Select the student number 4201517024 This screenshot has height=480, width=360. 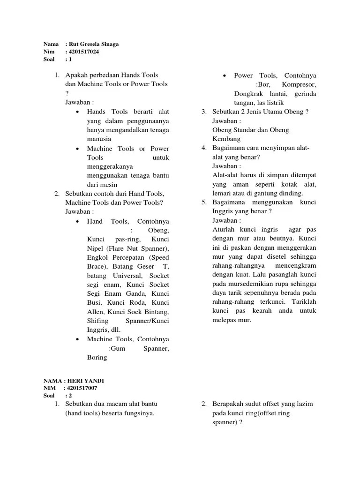tap(84, 52)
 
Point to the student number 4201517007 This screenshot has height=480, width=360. tap(82, 388)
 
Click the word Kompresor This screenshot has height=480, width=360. tap(299, 84)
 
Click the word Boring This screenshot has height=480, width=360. tap(97, 357)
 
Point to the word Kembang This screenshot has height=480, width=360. tap(226, 139)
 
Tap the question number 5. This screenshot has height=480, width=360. tap(204, 202)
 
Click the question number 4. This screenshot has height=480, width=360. tap(204, 148)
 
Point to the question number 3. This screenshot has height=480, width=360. tap(204, 112)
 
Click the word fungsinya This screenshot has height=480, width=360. tap(138, 413)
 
